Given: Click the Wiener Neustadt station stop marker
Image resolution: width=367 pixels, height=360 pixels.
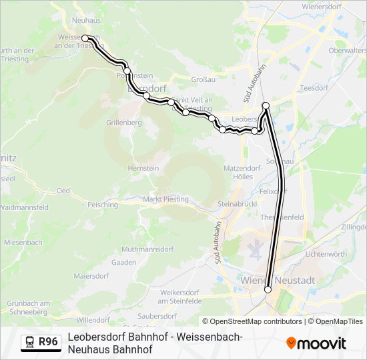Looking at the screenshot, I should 268,289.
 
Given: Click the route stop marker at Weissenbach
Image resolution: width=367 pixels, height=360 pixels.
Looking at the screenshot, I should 85,39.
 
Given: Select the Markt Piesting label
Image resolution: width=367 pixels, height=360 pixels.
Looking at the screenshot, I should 166,199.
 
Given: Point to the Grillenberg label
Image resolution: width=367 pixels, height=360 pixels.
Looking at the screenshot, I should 124,123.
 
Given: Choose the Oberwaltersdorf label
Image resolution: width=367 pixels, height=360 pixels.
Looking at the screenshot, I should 347,50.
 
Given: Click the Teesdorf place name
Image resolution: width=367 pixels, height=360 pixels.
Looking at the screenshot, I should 316,87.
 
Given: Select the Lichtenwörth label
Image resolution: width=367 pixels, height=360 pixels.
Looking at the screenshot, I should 326,254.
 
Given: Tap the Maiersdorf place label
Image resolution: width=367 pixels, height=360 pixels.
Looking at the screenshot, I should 91,275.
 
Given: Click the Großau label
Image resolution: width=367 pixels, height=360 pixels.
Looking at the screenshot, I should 203,79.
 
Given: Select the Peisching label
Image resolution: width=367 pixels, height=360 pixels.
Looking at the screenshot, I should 102,205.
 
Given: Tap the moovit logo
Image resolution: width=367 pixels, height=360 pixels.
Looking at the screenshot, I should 316,343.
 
